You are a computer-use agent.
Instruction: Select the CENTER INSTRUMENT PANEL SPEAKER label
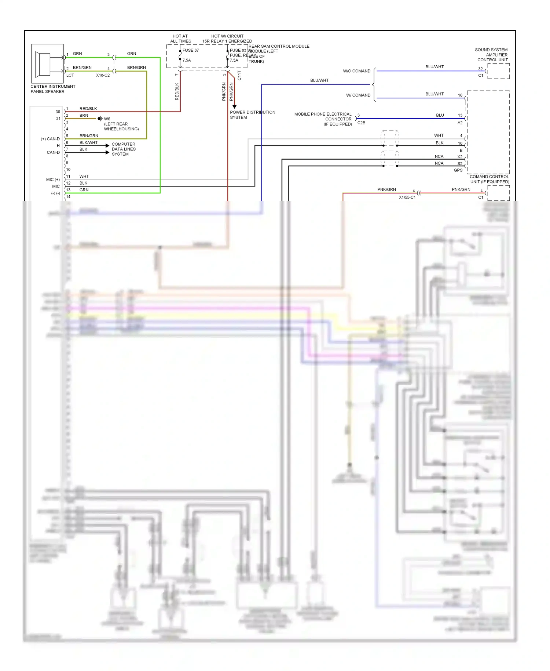pyautogui.click(x=53, y=89)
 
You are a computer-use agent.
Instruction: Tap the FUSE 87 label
pyautogui.click(x=190, y=50)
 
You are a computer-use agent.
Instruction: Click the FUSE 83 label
pyautogui.click(x=238, y=50)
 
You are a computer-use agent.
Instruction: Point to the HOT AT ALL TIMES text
pyautogui.click(x=180, y=39)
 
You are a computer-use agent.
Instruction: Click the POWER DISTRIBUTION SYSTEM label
pyautogui.click(x=252, y=115)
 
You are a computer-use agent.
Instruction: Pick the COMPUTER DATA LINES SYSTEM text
pyautogui.click(x=124, y=149)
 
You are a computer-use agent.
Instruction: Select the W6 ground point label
pyautogui.click(x=107, y=119)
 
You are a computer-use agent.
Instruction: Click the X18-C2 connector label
pyautogui.click(x=103, y=75)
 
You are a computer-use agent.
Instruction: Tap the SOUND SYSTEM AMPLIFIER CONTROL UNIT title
pyautogui.click(x=492, y=55)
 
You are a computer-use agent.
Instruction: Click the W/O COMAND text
pyautogui.click(x=356, y=71)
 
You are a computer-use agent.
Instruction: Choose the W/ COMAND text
pyautogui.click(x=358, y=95)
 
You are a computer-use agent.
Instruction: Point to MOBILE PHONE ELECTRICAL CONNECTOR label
pyautogui.click(x=323, y=119)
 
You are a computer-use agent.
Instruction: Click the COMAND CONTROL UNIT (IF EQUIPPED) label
pyautogui.click(x=489, y=179)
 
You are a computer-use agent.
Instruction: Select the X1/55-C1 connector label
pyautogui.click(x=407, y=197)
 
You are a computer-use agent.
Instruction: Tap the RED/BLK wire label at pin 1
pyautogui.click(x=88, y=109)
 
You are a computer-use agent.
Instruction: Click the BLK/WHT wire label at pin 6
pyautogui.click(x=88, y=142)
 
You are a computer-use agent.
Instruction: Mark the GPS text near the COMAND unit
pyautogui.click(x=458, y=170)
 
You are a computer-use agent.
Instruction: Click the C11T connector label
pyautogui.click(x=239, y=76)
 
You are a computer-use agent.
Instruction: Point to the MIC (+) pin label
pyautogui.click(x=53, y=179)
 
